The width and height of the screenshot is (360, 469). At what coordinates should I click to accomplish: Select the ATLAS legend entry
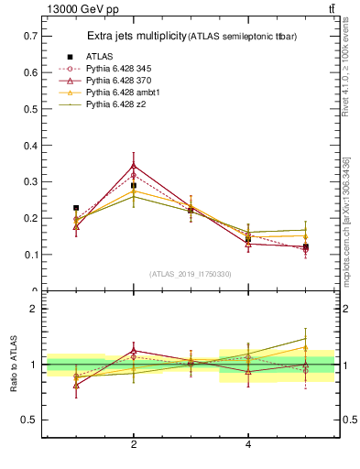[x=99, y=57]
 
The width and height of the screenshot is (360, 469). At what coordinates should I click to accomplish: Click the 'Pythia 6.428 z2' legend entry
[x=115, y=104]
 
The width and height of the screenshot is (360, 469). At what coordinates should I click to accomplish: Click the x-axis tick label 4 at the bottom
[x=248, y=444]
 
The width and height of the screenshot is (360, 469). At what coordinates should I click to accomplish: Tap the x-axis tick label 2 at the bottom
[x=134, y=444]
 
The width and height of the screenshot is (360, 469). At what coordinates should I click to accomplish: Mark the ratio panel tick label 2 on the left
[x=34, y=309]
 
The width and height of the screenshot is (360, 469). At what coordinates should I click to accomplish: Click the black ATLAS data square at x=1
[x=76, y=208]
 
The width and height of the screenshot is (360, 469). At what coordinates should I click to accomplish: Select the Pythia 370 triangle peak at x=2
[x=134, y=166]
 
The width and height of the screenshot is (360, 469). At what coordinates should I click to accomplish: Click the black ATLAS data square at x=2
[x=134, y=186]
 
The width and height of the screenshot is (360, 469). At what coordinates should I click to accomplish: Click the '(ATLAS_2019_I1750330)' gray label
[x=191, y=274]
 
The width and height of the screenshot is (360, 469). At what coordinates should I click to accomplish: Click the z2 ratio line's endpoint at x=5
[x=306, y=339]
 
